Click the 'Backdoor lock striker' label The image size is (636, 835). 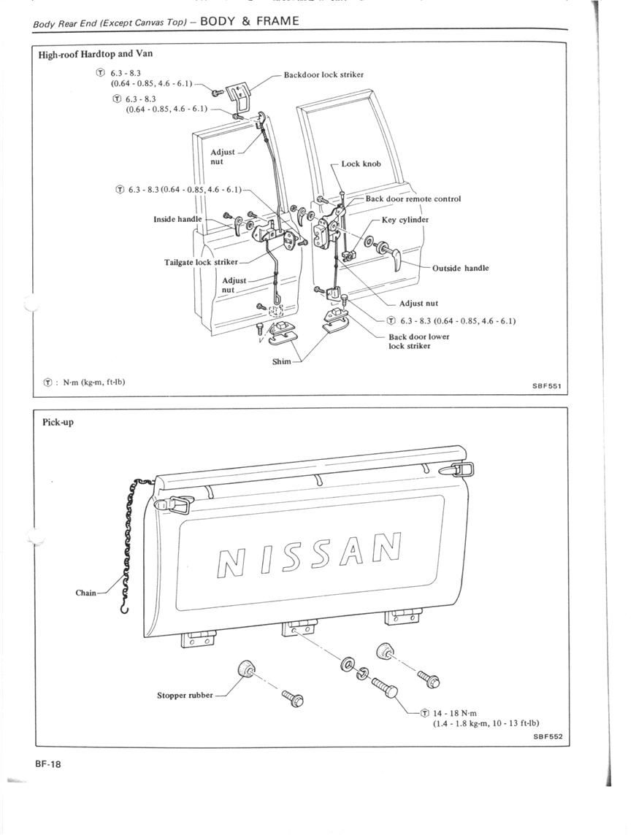tap(323, 74)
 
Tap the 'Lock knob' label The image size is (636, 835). tap(361, 164)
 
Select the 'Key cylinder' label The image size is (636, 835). tap(405, 220)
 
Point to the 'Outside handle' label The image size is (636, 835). tap(460, 268)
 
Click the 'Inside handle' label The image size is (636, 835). tap(177, 219)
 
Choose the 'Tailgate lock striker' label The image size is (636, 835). tap(201, 262)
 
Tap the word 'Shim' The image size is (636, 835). tap(282, 361)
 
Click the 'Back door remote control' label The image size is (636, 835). tap(413, 199)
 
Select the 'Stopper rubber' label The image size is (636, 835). tap(185, 695)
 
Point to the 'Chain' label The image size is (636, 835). tap(85, 593)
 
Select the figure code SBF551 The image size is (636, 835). tap(547, 387)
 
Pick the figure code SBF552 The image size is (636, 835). tap(548, 737)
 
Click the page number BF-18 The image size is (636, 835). tap(48, 764)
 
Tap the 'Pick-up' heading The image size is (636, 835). tap(58, 423)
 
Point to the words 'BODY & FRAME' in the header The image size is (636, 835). tap(250, 20)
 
